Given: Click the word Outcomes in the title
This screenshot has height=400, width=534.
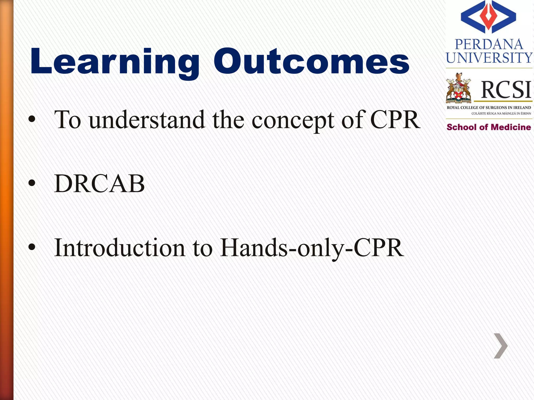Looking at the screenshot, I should click(312, 62).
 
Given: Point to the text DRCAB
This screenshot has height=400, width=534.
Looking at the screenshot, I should click(99, 184).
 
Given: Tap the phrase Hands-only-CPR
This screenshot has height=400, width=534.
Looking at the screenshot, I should click(312, 248).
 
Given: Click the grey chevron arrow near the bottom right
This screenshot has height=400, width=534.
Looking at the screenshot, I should click(501, 346).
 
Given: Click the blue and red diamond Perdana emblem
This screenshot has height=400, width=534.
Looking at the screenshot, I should click(488, 17).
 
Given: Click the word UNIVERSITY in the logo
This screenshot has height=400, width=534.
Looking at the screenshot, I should click(489, 58).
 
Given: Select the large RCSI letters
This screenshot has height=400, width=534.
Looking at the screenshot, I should click(506, 90).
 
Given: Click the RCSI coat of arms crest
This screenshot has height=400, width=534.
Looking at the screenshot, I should click(458, 89).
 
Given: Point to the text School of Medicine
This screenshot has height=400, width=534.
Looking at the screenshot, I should click(489, 127).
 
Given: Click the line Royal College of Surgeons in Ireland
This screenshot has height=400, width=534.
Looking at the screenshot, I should click(489, 108).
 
